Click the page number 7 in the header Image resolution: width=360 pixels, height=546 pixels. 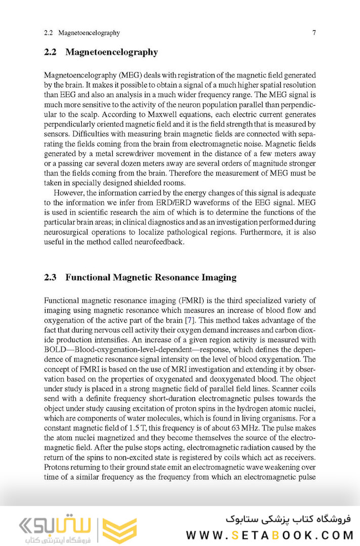coord(314,33)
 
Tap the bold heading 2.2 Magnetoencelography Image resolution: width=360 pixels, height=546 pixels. coord(101,52)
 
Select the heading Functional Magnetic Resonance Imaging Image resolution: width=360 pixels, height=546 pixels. coord(151,277)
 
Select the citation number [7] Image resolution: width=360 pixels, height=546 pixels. coord(189,320)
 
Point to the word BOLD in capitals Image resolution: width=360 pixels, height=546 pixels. coord(56,350)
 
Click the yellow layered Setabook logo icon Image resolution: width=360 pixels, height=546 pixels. coord(119,530)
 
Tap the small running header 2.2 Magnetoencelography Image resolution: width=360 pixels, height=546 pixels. coord(82,33)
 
